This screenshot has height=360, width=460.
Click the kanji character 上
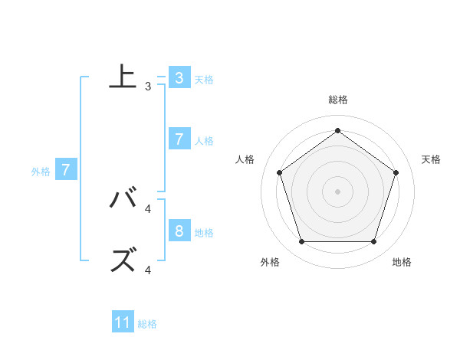click(x=123, y=77)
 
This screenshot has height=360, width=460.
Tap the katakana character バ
click(x=123, y=199)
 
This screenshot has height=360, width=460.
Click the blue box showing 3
click(x=179, y=77)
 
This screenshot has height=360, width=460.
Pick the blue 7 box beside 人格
click(x=179, y=139)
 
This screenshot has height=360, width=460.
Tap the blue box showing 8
click(x=179, y=231)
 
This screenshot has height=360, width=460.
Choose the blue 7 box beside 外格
click(x=67, y=170)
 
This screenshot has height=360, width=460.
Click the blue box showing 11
click(x=123, y=322)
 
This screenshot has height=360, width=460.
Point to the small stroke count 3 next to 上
click(x=148, y=87)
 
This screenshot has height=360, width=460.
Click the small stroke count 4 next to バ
click(x=148, y=208)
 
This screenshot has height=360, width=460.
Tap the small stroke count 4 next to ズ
click(x=148, y=270)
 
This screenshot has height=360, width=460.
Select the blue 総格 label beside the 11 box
click(x=147, y=324)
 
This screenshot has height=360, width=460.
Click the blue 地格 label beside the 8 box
click(x=204, y=233)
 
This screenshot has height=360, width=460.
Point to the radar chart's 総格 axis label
click(x=337, y=100)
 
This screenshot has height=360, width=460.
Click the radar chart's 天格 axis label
click(x=431, y=159)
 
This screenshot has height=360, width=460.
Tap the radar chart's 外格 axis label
click(x=270, y=262)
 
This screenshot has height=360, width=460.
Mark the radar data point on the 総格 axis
click(x=337, y=130)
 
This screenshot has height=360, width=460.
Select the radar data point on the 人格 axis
click(x=279, y=172)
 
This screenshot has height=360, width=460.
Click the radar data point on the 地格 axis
click(x=373, y=241)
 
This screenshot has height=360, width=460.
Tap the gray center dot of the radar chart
click(x=337, y=191)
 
